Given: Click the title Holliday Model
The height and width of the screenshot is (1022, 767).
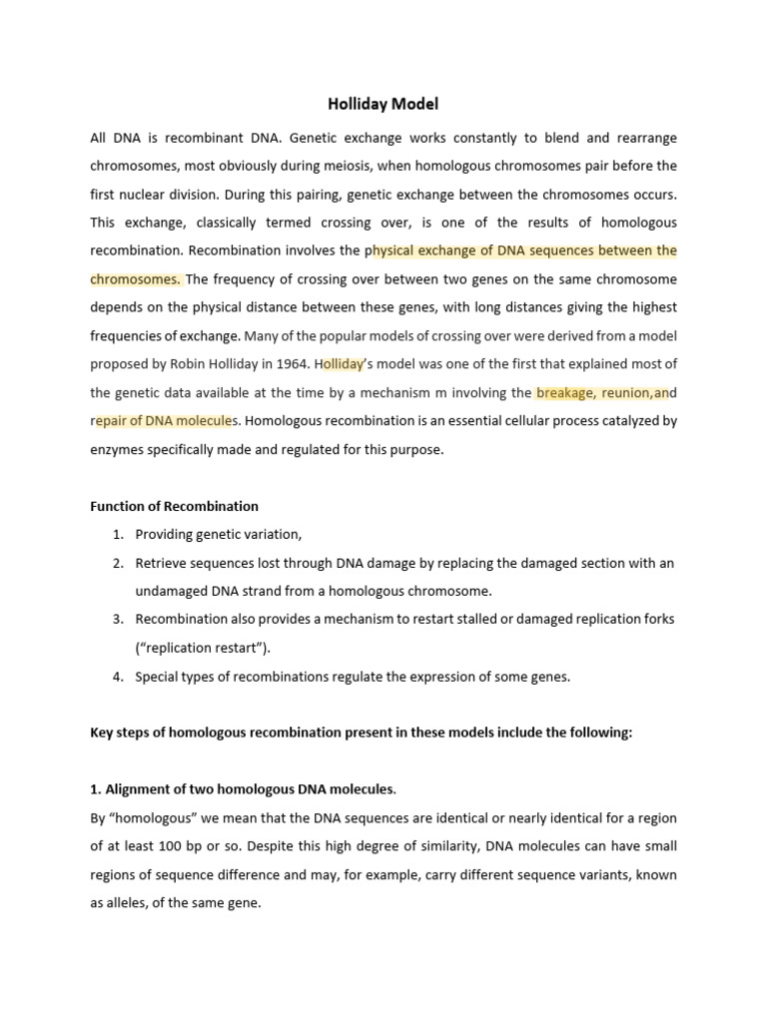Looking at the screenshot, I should point(383,103).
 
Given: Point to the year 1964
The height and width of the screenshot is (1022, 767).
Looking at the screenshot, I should point(296,364).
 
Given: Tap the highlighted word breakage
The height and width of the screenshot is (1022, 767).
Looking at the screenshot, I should point(564,393).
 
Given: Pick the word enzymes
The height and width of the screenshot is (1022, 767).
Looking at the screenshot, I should point(119,450).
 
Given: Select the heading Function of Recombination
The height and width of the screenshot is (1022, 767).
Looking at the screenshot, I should point(174,506).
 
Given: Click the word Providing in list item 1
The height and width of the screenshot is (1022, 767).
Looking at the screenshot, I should point(166,535).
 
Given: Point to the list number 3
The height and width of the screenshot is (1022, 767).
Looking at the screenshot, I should point(117,620).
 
